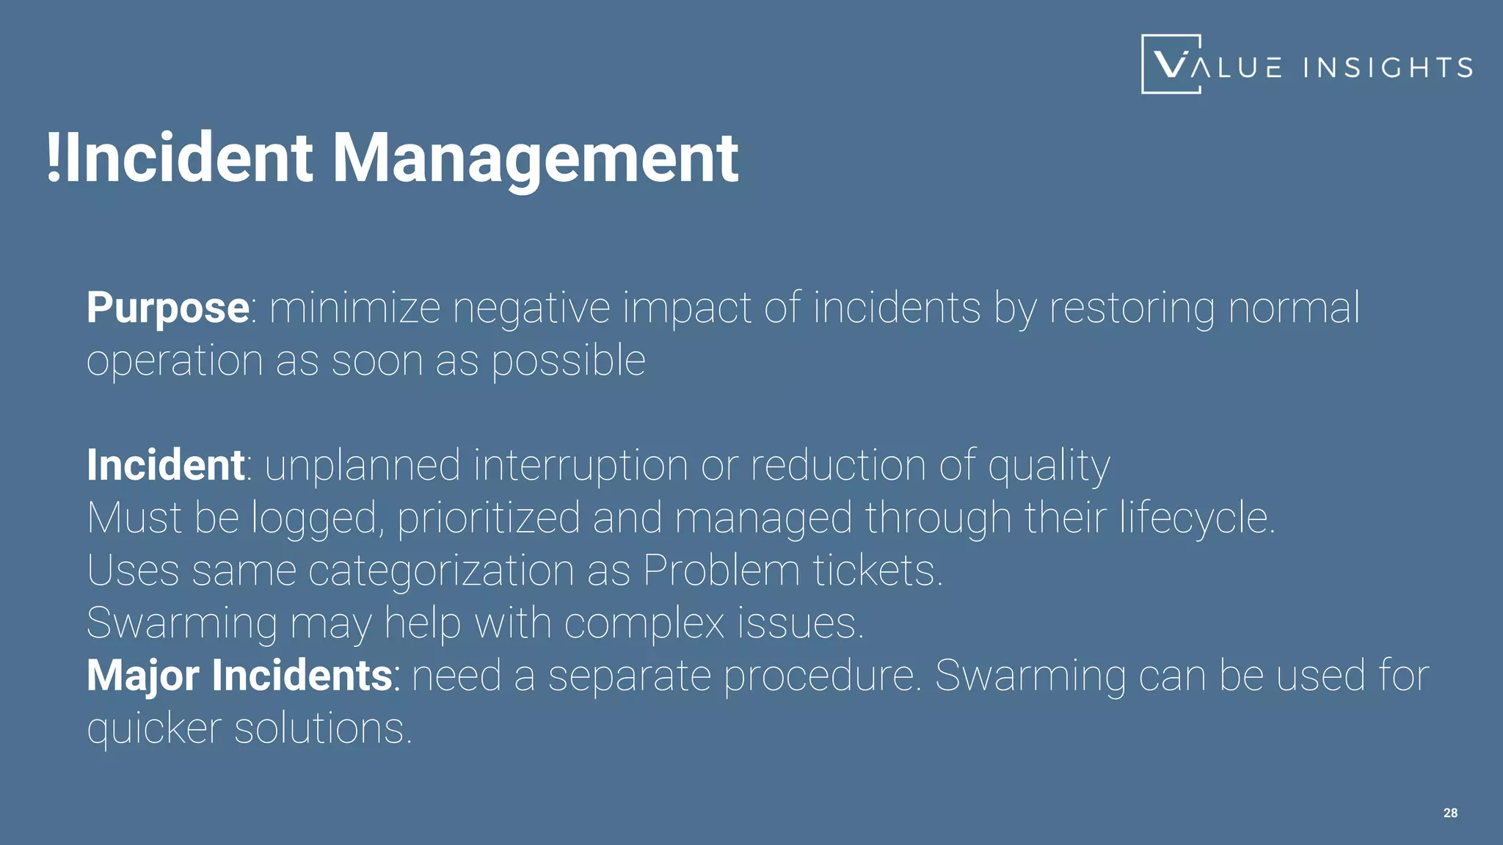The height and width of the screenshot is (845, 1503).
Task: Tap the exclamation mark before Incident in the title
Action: click(53, 158)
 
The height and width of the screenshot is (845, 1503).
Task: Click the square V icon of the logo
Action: click(1171, 65)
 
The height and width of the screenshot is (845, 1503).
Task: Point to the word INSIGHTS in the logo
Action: click(1388, 67)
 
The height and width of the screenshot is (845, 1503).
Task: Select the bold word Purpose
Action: click(168, 307)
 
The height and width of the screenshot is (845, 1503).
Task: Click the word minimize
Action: click(355, 307)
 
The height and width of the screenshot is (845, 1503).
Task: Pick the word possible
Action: click(568, 360)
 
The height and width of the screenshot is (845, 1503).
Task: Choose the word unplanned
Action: click(363, 465)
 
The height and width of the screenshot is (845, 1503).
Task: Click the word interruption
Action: click(581, 465)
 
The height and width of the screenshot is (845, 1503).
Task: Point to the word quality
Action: click(1049, 467)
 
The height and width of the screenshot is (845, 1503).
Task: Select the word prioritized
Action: click(489, 519)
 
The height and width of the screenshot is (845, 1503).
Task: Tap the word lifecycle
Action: click(1197, 519)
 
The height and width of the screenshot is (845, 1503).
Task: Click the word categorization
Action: click(441, 571)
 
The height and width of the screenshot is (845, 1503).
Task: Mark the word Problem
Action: click(721, 571)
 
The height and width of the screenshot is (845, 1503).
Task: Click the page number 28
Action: click(1450, 813)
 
